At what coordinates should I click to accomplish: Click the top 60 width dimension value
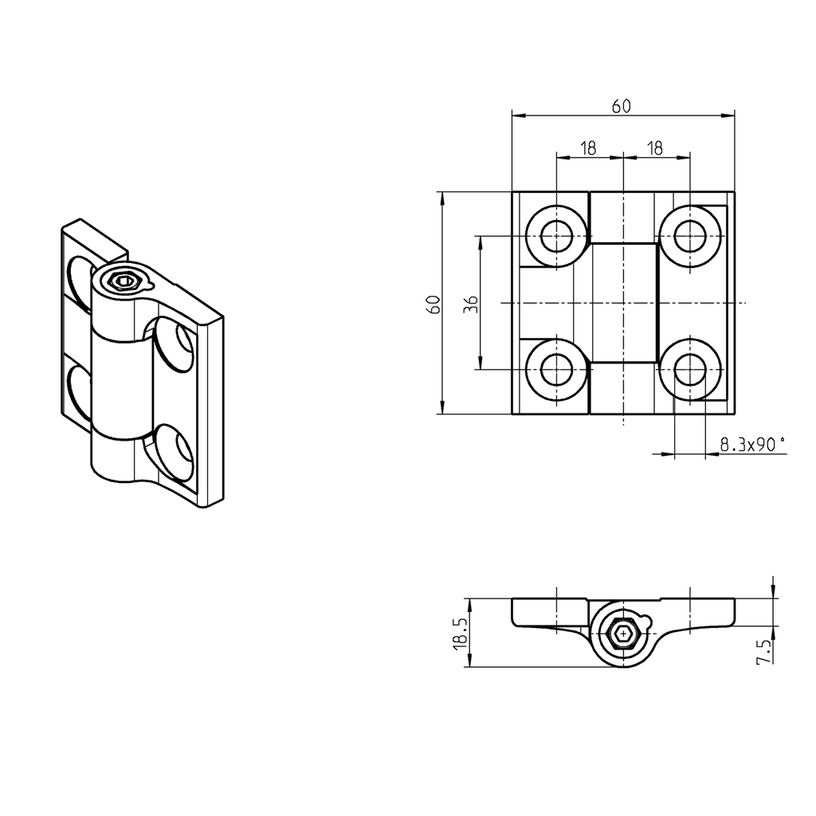coord(622,106)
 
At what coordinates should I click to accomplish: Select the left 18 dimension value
coord(588,148)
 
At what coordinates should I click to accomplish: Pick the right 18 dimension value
coord(655,148)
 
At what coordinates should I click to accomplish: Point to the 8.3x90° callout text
coord(752,445)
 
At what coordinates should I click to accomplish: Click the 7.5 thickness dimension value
coord(763,650)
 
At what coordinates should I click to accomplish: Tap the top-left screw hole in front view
coord(555,236)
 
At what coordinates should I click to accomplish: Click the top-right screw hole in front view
coord(689,236)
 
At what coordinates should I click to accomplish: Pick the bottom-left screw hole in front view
coord(555,370)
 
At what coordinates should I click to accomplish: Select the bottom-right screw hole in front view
coord(689,370)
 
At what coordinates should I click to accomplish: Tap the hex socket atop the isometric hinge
coord(123,280)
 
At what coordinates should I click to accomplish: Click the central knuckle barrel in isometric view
coord(120,382)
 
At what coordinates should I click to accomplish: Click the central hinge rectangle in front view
coord(623,303)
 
